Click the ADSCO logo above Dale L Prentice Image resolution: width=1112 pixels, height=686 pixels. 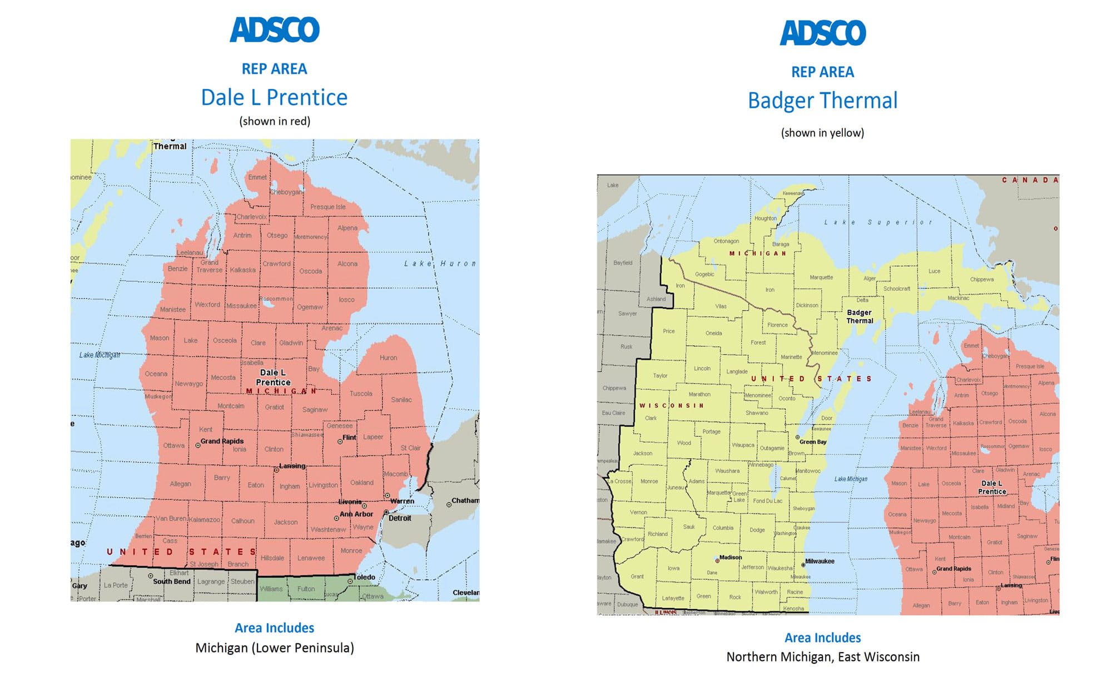tap(275, 30)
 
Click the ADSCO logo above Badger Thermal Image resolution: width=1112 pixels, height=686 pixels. tap(823, 33)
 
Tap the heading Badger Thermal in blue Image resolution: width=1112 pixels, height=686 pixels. tap(822, 101)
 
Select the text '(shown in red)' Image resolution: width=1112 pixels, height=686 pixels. tap(275, 121)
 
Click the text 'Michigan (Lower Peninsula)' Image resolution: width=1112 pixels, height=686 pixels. tap(275, 648)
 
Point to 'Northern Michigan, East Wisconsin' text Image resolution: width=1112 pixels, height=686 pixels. tap(822, 657)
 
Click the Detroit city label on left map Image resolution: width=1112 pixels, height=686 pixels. tap(400, 518)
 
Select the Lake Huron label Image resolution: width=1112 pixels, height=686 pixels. tap(440, 264)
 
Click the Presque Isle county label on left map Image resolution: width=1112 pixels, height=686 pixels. tap(328, 207)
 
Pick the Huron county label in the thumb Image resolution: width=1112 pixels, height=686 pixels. tap(388, 357)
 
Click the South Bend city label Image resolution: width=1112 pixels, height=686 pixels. tap(171, 581)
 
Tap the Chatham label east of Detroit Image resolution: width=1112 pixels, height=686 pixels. tap(465, 501)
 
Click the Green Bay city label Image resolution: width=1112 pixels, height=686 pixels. tap(812, 442)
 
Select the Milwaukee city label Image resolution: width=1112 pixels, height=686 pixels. tap(820, 561)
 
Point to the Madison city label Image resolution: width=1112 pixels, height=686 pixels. tap(730, 557)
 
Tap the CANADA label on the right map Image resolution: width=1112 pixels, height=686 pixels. tap(1030, 180)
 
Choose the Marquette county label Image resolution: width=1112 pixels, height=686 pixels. tap(821, 277)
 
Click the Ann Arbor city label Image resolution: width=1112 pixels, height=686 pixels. tap(356, 514)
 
